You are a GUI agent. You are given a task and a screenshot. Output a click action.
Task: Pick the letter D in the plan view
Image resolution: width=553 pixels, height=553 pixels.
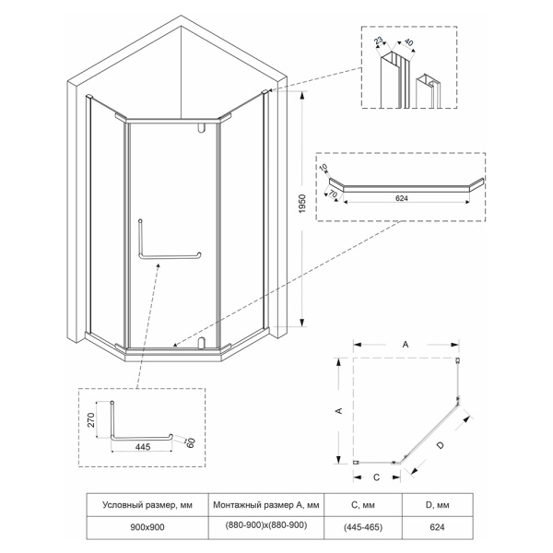[x=441, y=445]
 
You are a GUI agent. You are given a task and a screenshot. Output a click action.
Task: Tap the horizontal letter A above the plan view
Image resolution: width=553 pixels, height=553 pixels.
[x=406, y=343]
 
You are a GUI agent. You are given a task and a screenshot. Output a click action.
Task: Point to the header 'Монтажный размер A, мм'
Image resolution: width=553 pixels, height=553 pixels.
[x=266, y=504]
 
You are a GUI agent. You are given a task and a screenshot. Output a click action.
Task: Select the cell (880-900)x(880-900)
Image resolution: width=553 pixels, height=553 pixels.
[x=266, y=525]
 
